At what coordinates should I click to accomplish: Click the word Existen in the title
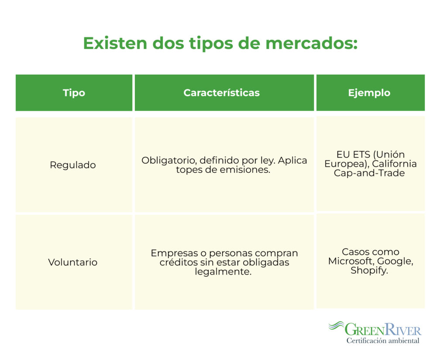coord(115,43)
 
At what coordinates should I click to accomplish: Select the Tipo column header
coord(74,93)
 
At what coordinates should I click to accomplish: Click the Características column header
coord(221,93)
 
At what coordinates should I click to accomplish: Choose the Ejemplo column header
coord(369,93)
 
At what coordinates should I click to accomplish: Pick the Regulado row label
coord(73,165)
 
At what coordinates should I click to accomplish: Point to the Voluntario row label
coord(73,262)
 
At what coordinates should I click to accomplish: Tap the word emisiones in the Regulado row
coord(245,170)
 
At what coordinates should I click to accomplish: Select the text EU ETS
coord(353,155)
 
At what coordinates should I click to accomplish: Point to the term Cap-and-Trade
coord(369,173)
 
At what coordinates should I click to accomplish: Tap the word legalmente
coord(223,272)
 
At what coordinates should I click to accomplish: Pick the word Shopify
coord(369,270)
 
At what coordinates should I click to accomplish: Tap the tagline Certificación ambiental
coord(383,340)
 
